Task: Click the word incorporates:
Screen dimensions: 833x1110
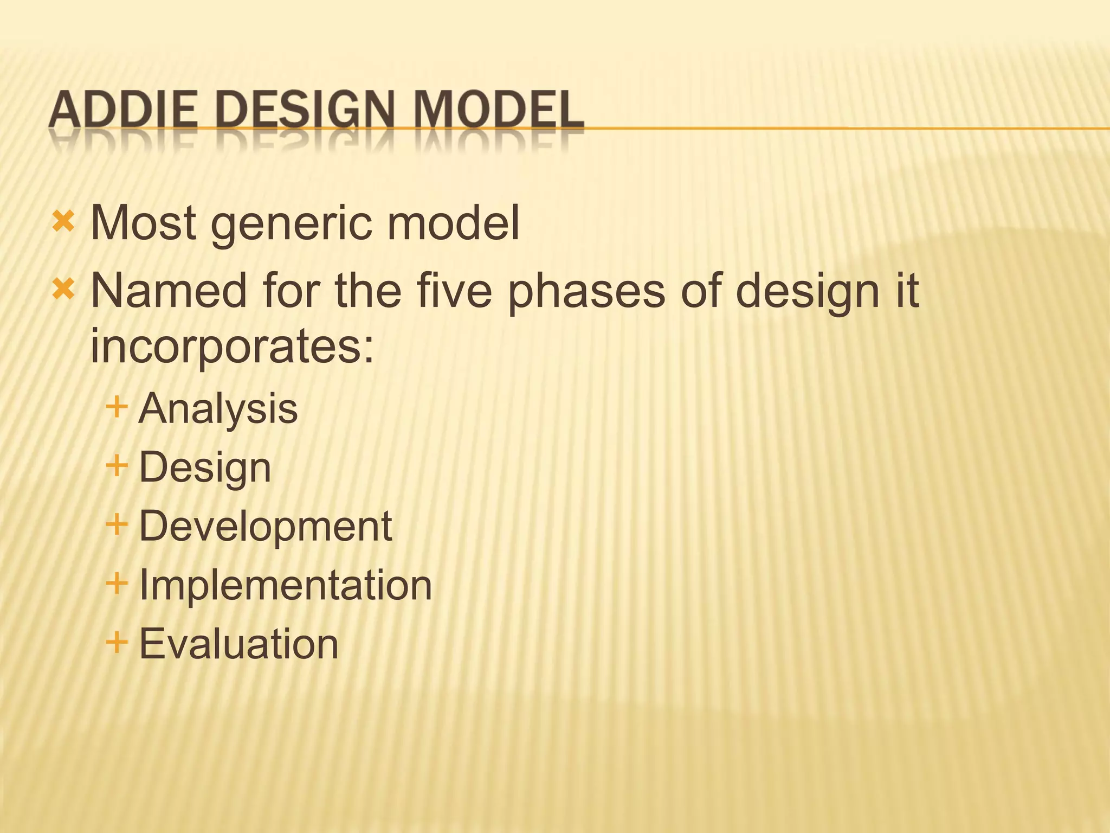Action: pos(232,347)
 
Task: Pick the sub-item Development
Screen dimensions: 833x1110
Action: pos(265,526)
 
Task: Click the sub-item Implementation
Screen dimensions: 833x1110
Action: pos(285,585)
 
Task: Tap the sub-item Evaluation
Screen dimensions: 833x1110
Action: pos(238,644)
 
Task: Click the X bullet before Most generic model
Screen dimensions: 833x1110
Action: pos(63,221)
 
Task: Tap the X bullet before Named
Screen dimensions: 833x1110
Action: pos(63,290)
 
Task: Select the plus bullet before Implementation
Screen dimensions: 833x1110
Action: pos(117,584)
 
